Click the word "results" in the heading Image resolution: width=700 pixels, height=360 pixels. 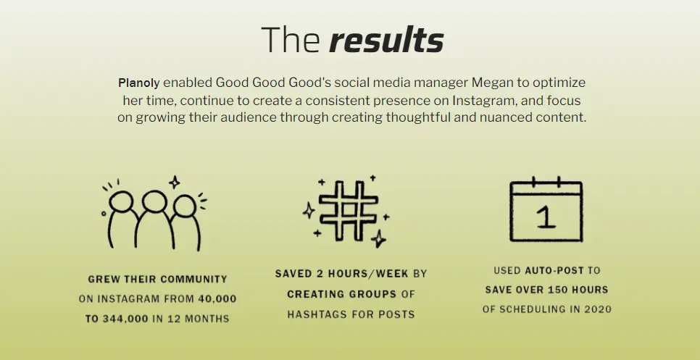(x=386, y=40)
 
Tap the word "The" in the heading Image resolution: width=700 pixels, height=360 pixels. (x=290, y=40)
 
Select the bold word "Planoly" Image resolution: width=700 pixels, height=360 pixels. (x=138, y=83)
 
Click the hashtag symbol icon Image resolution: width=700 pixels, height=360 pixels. (x=349, y=211)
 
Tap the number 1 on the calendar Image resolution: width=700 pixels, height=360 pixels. (x=546, y=218)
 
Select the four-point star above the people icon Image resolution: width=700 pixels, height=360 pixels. (x=175, y=182)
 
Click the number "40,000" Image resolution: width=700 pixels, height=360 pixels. (x=217, y=299)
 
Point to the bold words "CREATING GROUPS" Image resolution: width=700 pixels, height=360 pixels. (x=341, y=294)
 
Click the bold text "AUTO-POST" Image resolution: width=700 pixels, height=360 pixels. (x=554, y=270)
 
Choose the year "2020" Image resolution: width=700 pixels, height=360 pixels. (x=599, y=309)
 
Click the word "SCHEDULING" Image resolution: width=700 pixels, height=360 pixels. (x=533, y=309)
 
